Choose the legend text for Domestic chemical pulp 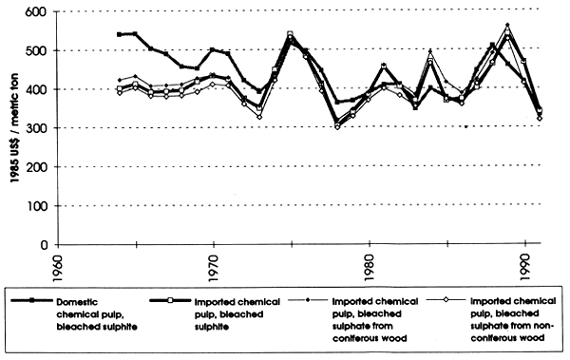coord(94,321)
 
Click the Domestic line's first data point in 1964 coord(119,34)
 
